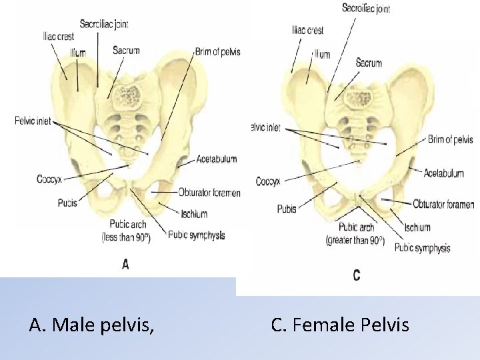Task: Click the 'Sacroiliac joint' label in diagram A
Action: (104, 24)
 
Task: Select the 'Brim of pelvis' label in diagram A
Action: (217, 51)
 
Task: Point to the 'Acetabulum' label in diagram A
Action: (217, 159)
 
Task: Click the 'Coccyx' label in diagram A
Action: (50, 179)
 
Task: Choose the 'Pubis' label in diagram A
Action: (67, 202)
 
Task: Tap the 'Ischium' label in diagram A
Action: (194, 214)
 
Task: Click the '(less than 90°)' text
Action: (125, 237)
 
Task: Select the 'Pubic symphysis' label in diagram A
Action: (197, 235)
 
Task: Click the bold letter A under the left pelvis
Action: (125, 265)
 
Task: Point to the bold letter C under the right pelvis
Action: (356, 275)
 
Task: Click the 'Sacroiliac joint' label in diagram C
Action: (366, 9)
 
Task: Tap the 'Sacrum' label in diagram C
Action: (369, 63)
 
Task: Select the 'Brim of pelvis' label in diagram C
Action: (451, 139)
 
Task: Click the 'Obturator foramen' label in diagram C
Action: (443, 205)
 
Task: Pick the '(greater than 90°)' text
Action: (355, 239)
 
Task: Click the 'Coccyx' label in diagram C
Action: (268, 181)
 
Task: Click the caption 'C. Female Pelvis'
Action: (340, 325)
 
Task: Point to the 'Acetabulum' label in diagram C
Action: (444, 173)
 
